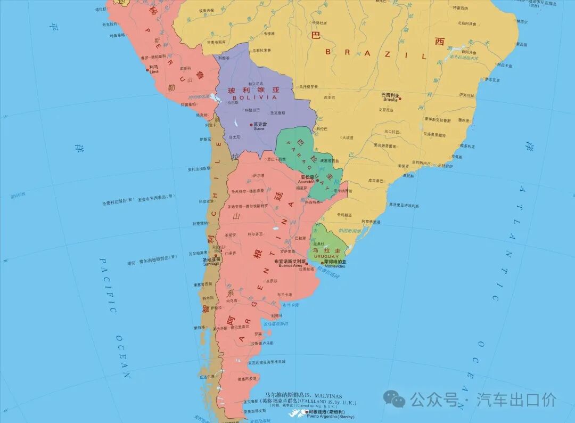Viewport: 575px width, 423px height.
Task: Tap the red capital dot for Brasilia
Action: coord(400,98)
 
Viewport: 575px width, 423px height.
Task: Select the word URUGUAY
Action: coord(326,256)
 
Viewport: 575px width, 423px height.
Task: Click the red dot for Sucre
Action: coord(251,125)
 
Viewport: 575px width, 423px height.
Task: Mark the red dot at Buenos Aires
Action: coord(306,263)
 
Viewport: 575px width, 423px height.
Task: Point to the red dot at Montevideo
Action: coord(322,263)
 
